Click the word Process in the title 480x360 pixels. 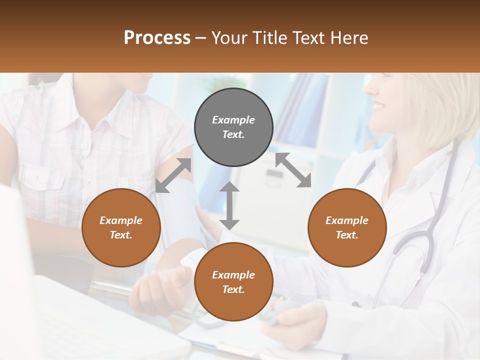157,38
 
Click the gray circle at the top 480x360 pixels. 233,127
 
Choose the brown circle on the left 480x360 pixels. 121,227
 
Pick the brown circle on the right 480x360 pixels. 347,227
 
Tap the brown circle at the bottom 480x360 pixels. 233,282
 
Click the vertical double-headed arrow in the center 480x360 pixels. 229,205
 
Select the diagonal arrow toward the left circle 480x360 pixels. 173,175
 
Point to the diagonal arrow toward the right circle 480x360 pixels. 293,170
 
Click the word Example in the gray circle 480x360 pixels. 233,120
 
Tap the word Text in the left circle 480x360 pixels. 121,235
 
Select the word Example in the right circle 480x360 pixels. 347,220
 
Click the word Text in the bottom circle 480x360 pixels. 233,289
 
